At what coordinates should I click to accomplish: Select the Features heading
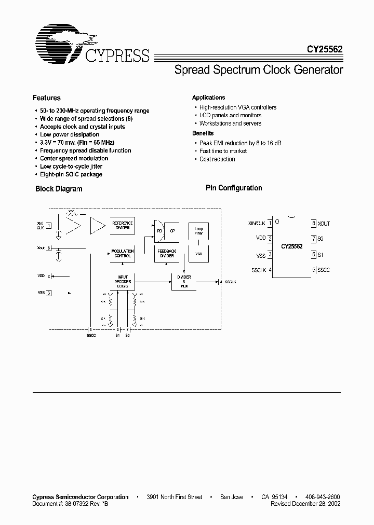[x=47, y=98]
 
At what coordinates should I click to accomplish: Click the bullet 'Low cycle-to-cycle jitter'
[x=71, y=167]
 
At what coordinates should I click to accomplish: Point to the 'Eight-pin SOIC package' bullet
[x=71, y=174]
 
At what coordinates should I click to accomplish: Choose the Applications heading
[x=208, y=98]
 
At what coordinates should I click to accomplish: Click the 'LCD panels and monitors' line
[x=231, y=115]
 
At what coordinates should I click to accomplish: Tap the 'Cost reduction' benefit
[x=217, y=159]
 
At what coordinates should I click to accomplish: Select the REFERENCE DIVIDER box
[x=123, y=225]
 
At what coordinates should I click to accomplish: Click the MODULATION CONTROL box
[x=123, y=254]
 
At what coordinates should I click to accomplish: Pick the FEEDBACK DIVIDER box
[x=167, y=254]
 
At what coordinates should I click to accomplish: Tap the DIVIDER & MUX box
[x=184, y=282]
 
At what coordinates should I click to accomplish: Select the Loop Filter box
[x=198, y=231]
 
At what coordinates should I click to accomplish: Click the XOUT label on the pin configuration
[x=324, y=224]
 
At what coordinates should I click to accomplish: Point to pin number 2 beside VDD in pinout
[x=270, y=239]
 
